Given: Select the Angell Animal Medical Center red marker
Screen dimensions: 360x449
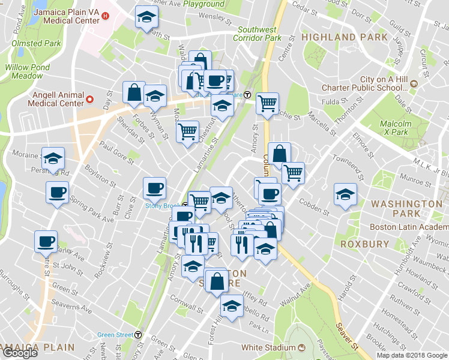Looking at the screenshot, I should click(x=90, y=99).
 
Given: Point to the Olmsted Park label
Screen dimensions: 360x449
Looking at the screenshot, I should click(x=35, y=43).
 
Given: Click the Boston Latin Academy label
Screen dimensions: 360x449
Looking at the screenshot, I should click(x=408, y=227).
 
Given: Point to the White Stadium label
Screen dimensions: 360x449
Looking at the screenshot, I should click(x=268, y=347).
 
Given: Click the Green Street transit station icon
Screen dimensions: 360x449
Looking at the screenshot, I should click(x=139, y=335).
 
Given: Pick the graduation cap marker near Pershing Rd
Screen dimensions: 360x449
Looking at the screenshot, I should click(x=53, y=159).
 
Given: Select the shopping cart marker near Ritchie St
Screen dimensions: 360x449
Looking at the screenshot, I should click(x=267, y=103).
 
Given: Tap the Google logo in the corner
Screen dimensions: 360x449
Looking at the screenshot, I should click(x=20, y=353).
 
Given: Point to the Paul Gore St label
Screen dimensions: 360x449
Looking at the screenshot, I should click(x=115, y=151).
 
